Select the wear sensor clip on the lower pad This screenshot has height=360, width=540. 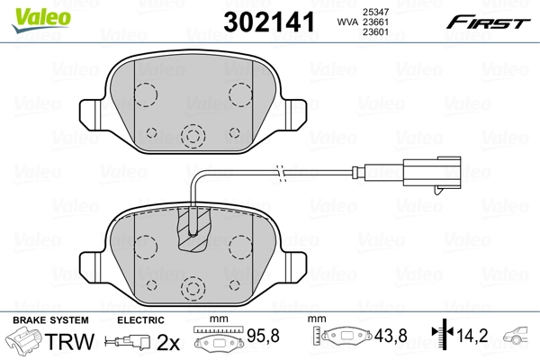193,229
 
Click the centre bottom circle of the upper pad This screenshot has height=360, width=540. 192,136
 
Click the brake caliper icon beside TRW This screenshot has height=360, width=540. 24,341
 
